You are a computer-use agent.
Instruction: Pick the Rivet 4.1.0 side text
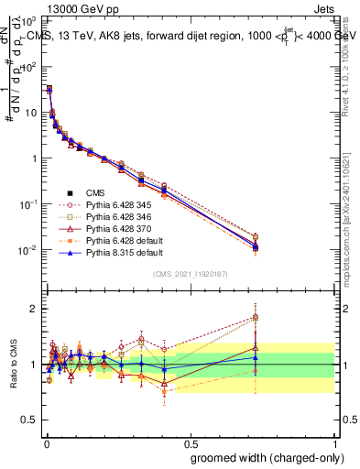tap(350, 64)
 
